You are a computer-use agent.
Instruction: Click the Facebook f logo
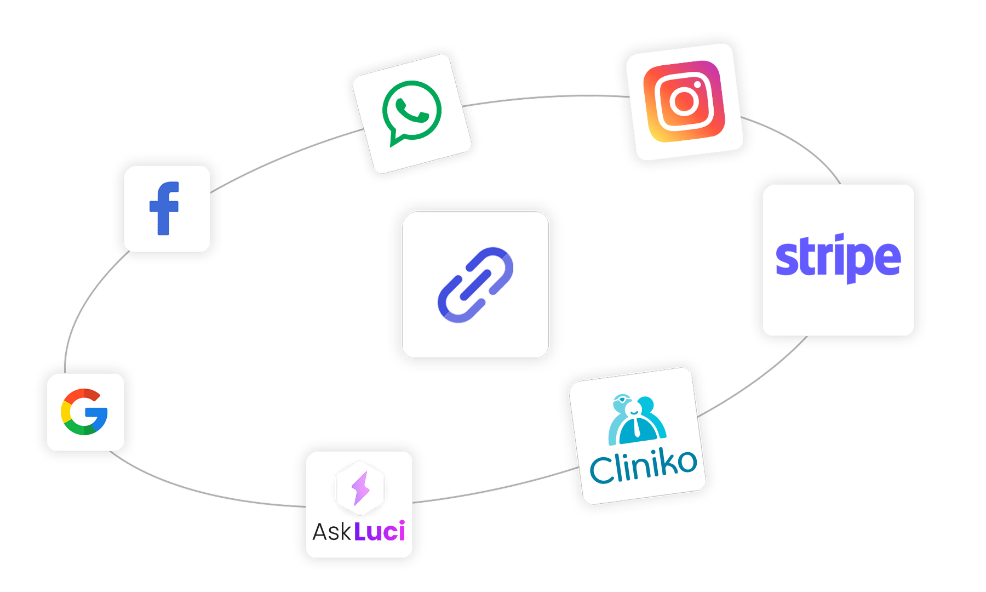[x=164, y=208]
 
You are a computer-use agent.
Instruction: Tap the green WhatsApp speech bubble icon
[x=412, y=112]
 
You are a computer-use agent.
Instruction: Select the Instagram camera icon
[x=684, y=101]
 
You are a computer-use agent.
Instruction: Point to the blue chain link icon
[x=475, y=285]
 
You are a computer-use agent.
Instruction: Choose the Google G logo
[x=84, y=412]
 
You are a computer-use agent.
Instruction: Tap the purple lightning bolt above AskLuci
[x=360, y=487]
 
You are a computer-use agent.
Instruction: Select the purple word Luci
[x=380, y=531]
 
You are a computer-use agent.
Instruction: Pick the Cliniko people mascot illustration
[x=637, y=420]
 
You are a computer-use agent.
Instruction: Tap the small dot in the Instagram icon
[x=697, y=85]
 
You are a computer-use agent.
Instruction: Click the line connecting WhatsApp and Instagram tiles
[x=548, y=97]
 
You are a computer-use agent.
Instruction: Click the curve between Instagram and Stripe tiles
[x=800, y=143]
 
